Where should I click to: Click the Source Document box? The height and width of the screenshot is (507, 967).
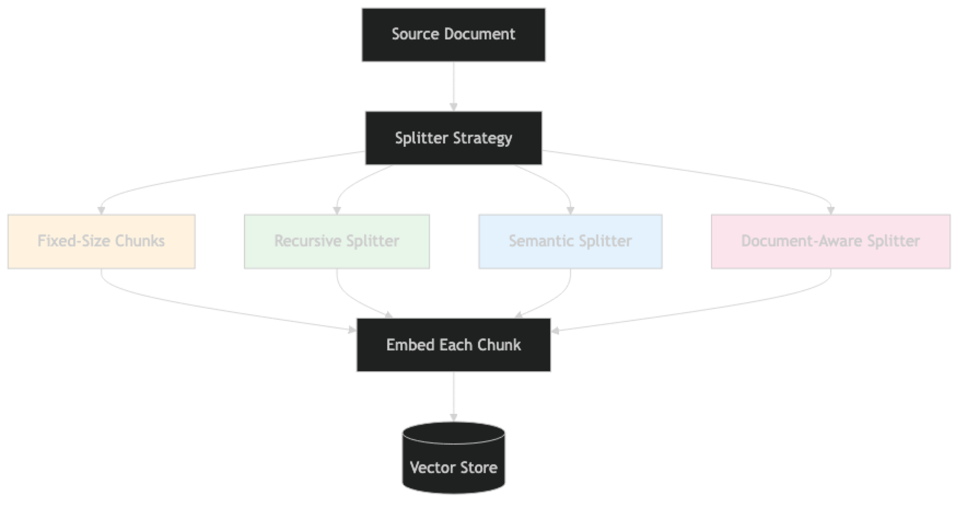(453, 34)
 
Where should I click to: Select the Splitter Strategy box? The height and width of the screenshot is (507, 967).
(453, 138)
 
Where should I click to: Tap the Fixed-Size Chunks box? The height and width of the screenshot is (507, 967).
(101, 241)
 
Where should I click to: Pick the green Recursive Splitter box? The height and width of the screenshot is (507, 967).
(337, 241)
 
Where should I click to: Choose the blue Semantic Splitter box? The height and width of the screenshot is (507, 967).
(570, 241)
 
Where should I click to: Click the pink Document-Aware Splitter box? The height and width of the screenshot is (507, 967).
(831, 241)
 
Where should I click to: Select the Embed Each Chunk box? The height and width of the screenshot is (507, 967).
(453, 345)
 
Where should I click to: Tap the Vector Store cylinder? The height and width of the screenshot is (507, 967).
(453, 460)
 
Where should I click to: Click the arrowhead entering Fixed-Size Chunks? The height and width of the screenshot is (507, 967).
(101, 209)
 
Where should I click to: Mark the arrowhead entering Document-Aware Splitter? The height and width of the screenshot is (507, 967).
(831, 209)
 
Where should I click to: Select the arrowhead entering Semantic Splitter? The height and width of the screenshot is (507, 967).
(570, 209)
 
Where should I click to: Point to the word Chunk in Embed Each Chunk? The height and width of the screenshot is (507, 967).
(499, 345)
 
